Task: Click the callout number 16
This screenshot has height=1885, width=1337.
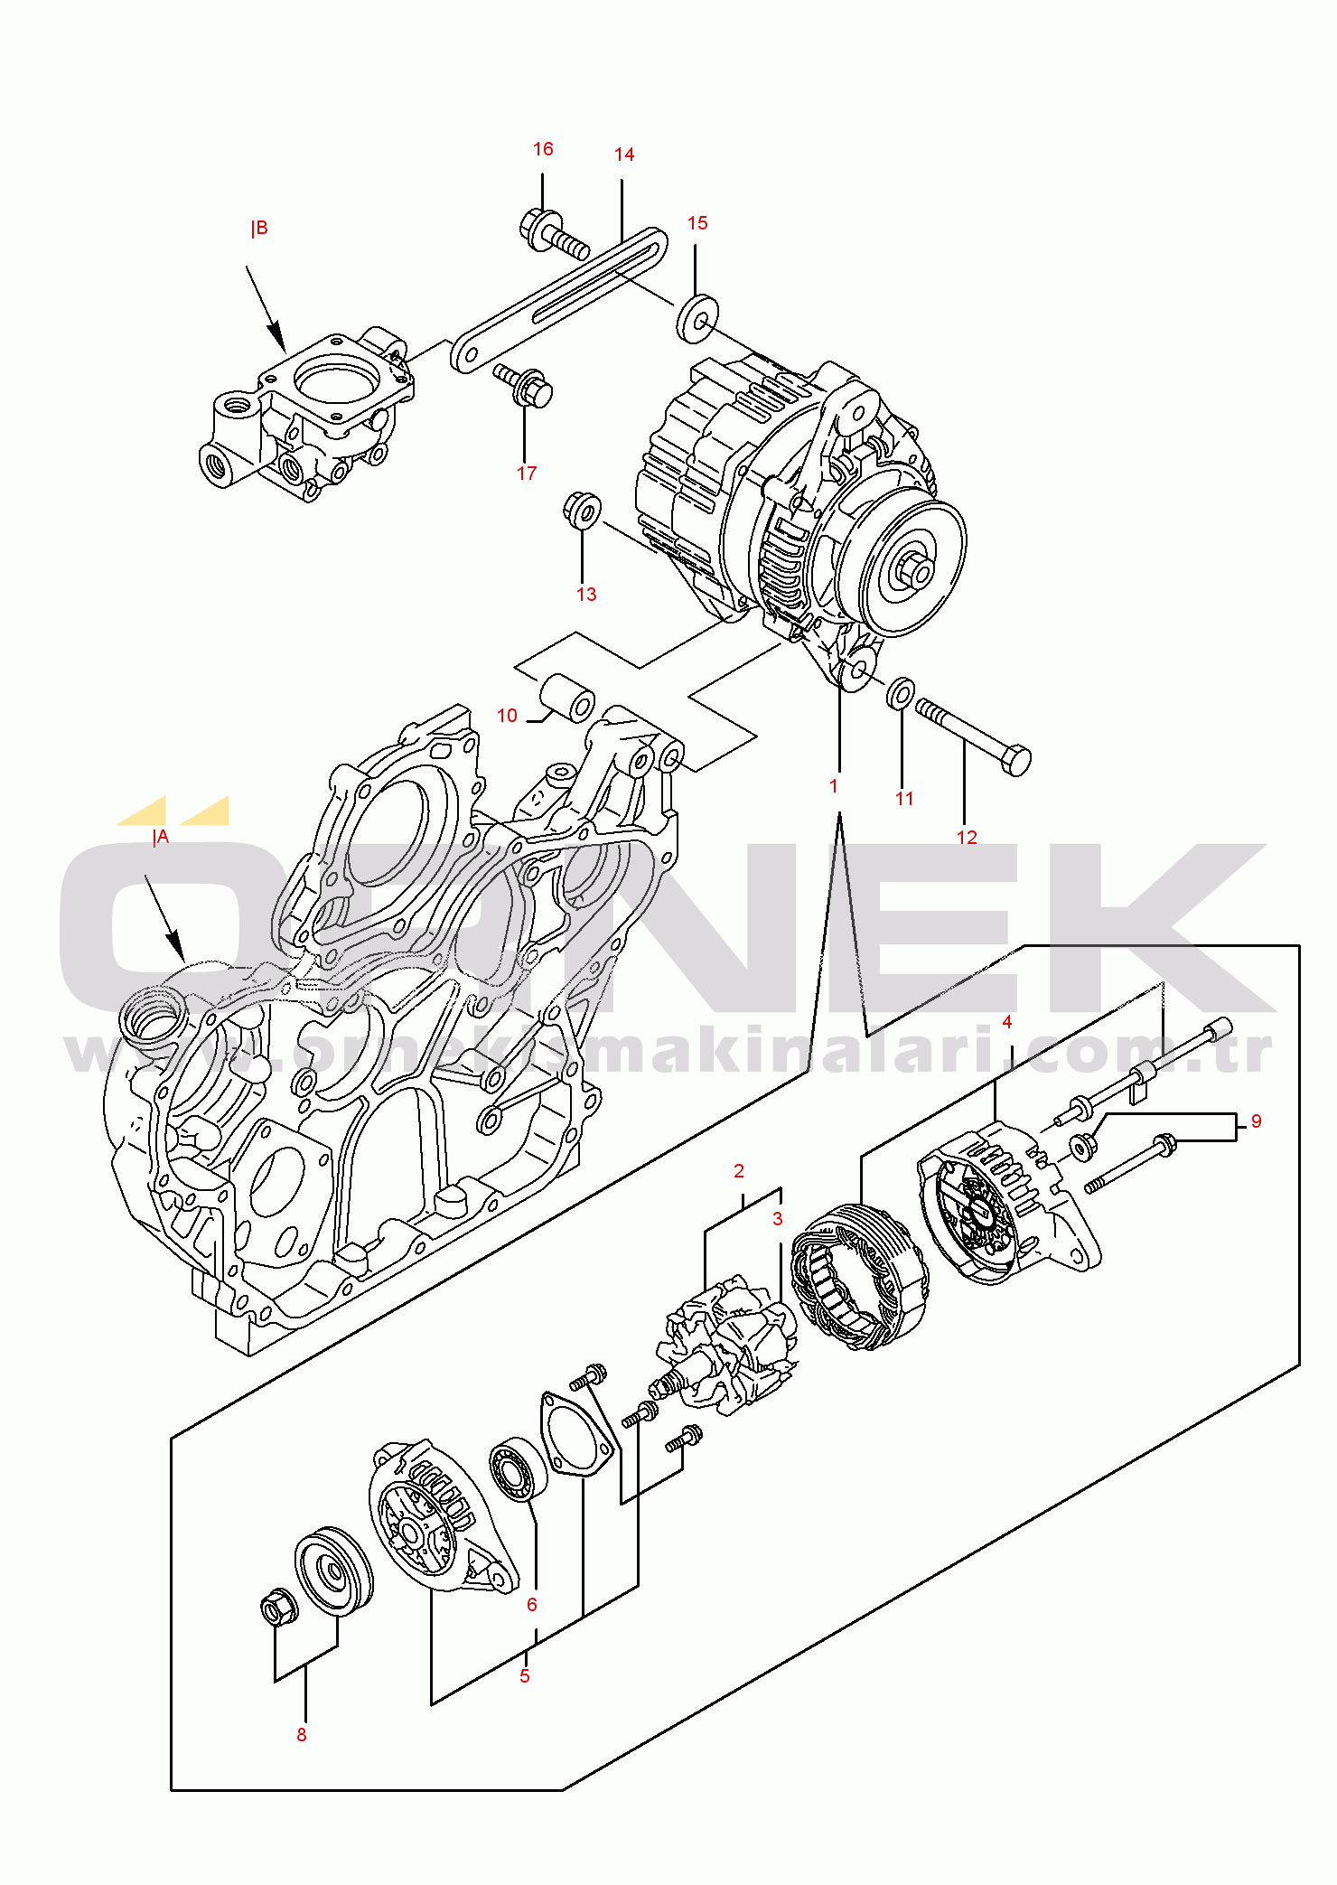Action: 543,149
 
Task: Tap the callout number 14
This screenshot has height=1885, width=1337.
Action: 624,155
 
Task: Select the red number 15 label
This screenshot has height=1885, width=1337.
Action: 697,223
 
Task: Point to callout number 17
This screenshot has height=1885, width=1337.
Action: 527,473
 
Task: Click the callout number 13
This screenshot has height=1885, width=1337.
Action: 586,594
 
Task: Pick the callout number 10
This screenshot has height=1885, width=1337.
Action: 507,716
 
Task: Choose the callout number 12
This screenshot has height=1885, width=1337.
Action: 967,837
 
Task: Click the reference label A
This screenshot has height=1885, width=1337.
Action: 161,838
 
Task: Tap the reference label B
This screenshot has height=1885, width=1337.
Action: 259,228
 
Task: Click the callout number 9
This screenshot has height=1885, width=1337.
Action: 1256,1121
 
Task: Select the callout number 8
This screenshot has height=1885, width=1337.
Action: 302,1734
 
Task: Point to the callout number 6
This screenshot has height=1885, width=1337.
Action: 532,1604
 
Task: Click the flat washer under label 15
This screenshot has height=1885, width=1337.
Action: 697,319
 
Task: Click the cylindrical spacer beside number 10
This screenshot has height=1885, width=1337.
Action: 568,698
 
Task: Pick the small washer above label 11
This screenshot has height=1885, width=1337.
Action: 901,693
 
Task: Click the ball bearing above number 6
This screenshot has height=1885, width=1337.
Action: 519,1470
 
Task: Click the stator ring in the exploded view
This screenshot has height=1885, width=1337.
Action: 859,1277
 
